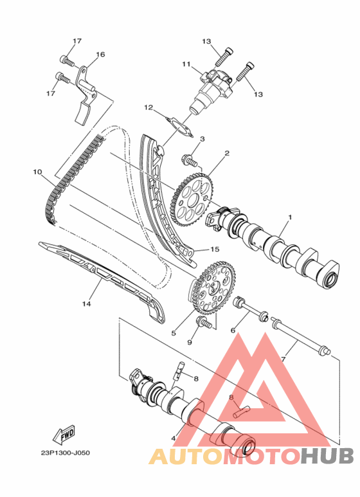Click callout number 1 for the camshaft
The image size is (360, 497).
(289, 218)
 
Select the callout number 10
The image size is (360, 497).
(37, 172)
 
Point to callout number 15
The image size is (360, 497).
(215, 249)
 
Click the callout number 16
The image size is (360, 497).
(100, 55)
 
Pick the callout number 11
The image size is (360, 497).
(186, 64)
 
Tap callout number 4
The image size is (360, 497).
(173, 438)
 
